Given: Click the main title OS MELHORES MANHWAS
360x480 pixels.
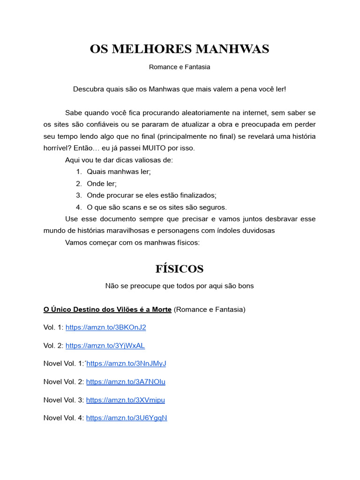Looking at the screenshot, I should pos(180,49).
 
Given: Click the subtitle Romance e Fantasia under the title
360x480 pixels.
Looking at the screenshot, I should pos(180,67).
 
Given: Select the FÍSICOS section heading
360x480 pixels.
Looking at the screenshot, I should pos(180,269).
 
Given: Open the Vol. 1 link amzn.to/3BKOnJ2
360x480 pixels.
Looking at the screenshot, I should pos(105,327).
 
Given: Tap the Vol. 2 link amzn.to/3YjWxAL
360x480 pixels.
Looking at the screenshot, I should pos(105,345).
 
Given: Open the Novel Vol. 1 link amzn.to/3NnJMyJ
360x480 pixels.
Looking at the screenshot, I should pos(127,363).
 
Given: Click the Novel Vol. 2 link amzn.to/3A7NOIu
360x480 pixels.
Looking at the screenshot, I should pos(126,382).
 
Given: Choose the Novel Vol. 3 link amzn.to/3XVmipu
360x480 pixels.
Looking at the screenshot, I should pos(126,400).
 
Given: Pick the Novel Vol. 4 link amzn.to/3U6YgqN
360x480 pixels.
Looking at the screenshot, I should pos(127,418).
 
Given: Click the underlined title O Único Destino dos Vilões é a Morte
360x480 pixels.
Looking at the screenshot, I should pos(107,309).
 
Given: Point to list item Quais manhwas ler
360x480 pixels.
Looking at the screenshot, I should pos(119,172).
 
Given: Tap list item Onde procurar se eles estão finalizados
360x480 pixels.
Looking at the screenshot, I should pos(151,195).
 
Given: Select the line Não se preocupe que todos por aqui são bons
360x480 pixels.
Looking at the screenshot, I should pos(180,286).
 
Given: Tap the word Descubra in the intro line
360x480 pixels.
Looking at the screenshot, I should pos(88,89).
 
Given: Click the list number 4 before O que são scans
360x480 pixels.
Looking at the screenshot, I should pos(78,207).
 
